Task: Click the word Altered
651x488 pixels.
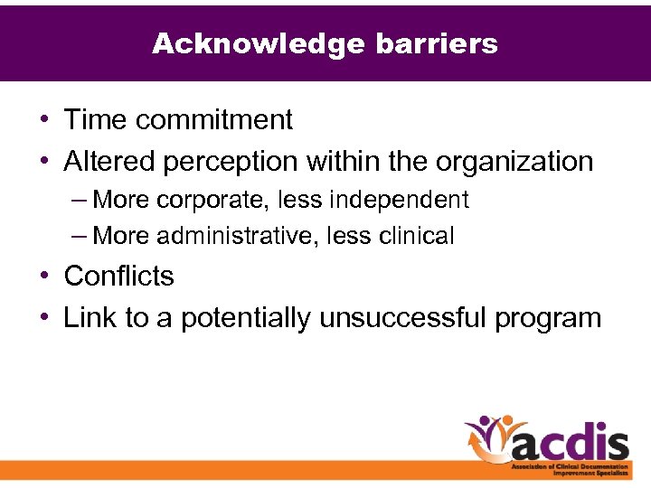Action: (x=111, y=162)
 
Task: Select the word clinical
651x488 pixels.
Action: (x=416, y=237)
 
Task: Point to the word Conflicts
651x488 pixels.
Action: (x=118, y=276)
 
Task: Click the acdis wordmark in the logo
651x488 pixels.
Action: (x=571, y=444)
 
